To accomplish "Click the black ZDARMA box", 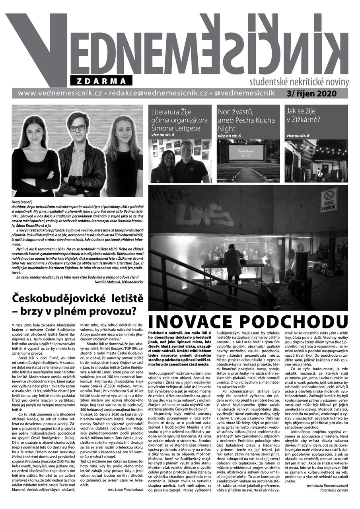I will pos(101,81).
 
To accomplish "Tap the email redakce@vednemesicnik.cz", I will pos(158,93).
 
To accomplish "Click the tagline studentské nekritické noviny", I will pos(299,82).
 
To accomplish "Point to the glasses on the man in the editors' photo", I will pos(78,128).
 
